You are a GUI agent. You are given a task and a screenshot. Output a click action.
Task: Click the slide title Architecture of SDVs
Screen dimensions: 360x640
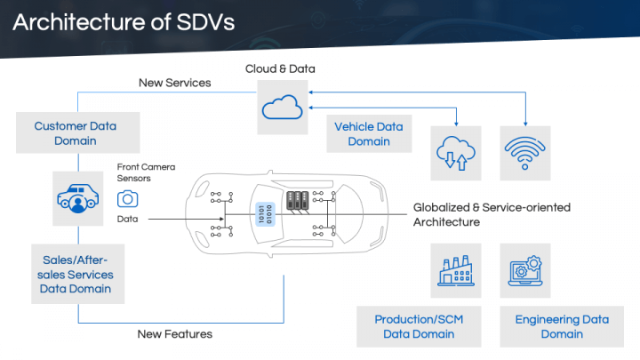tap(124, 22)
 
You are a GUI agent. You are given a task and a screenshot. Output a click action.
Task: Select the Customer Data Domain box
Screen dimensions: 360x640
tap(76, 133)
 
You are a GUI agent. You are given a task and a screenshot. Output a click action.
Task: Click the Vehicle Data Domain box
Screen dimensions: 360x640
tap(368, 134)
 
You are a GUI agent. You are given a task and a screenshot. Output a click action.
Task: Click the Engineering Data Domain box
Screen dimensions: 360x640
tap(562, 326)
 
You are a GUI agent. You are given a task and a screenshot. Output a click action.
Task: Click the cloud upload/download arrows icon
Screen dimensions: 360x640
tap(454, 154)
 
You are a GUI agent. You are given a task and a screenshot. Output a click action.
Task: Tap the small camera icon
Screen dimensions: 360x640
tap(128, 198)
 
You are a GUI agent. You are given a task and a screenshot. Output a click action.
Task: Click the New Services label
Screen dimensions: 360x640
tap(174, 83)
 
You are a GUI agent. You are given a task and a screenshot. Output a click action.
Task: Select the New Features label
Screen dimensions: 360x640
tap(174, 334)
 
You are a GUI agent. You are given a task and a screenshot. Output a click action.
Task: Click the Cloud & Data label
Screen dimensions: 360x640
tap(280, 68)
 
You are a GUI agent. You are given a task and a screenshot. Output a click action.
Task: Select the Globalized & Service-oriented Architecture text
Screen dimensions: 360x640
tap(492, 214)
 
